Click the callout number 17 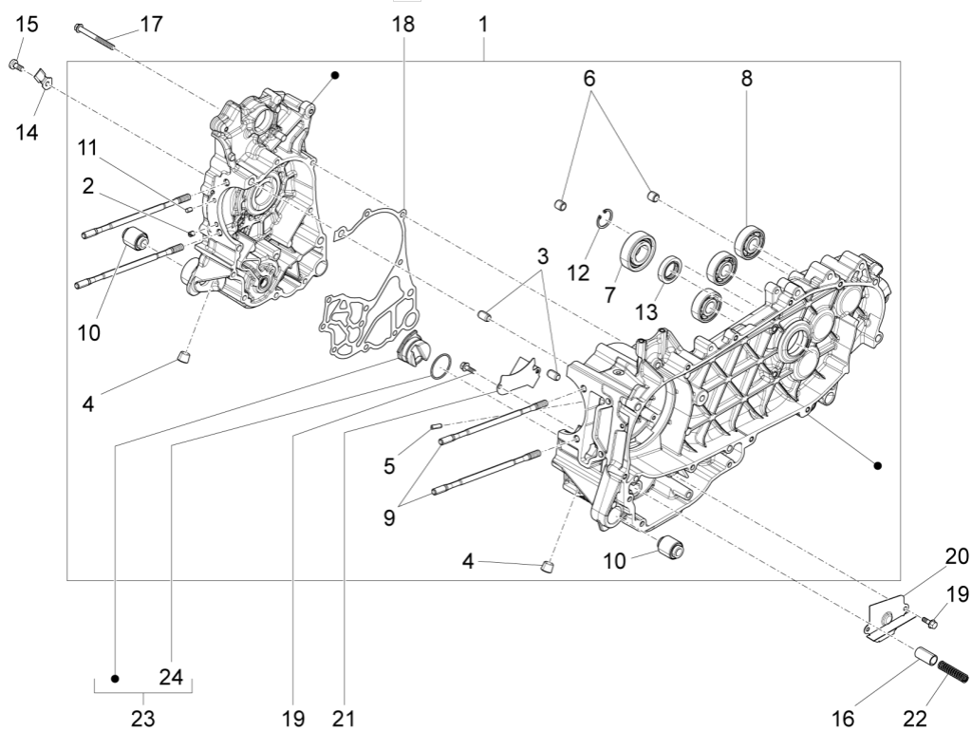pos(151,24)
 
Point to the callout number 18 pos(403,24)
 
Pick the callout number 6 pos(589,79)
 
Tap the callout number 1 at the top pos(483,24)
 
